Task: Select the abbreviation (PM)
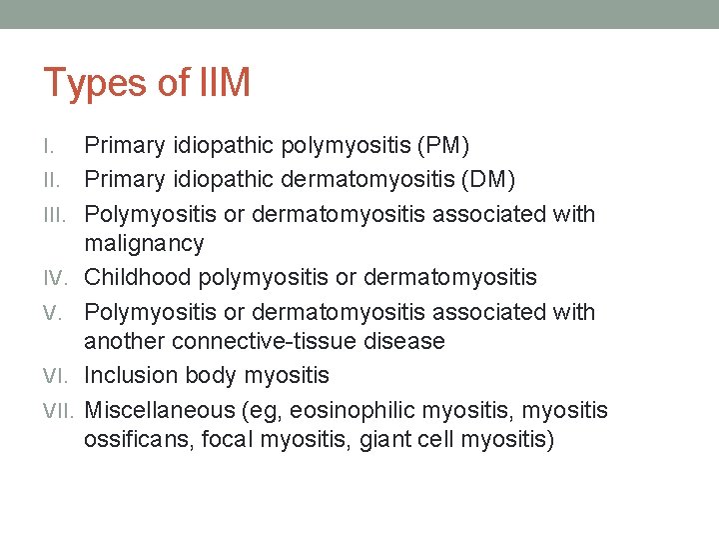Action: [x=443, y=146]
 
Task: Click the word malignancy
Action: [x=144, y=244]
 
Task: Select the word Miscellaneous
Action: [x=158, y=410]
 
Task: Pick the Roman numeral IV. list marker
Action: [x=58, y=278]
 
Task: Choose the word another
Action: [x=124, y=341]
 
